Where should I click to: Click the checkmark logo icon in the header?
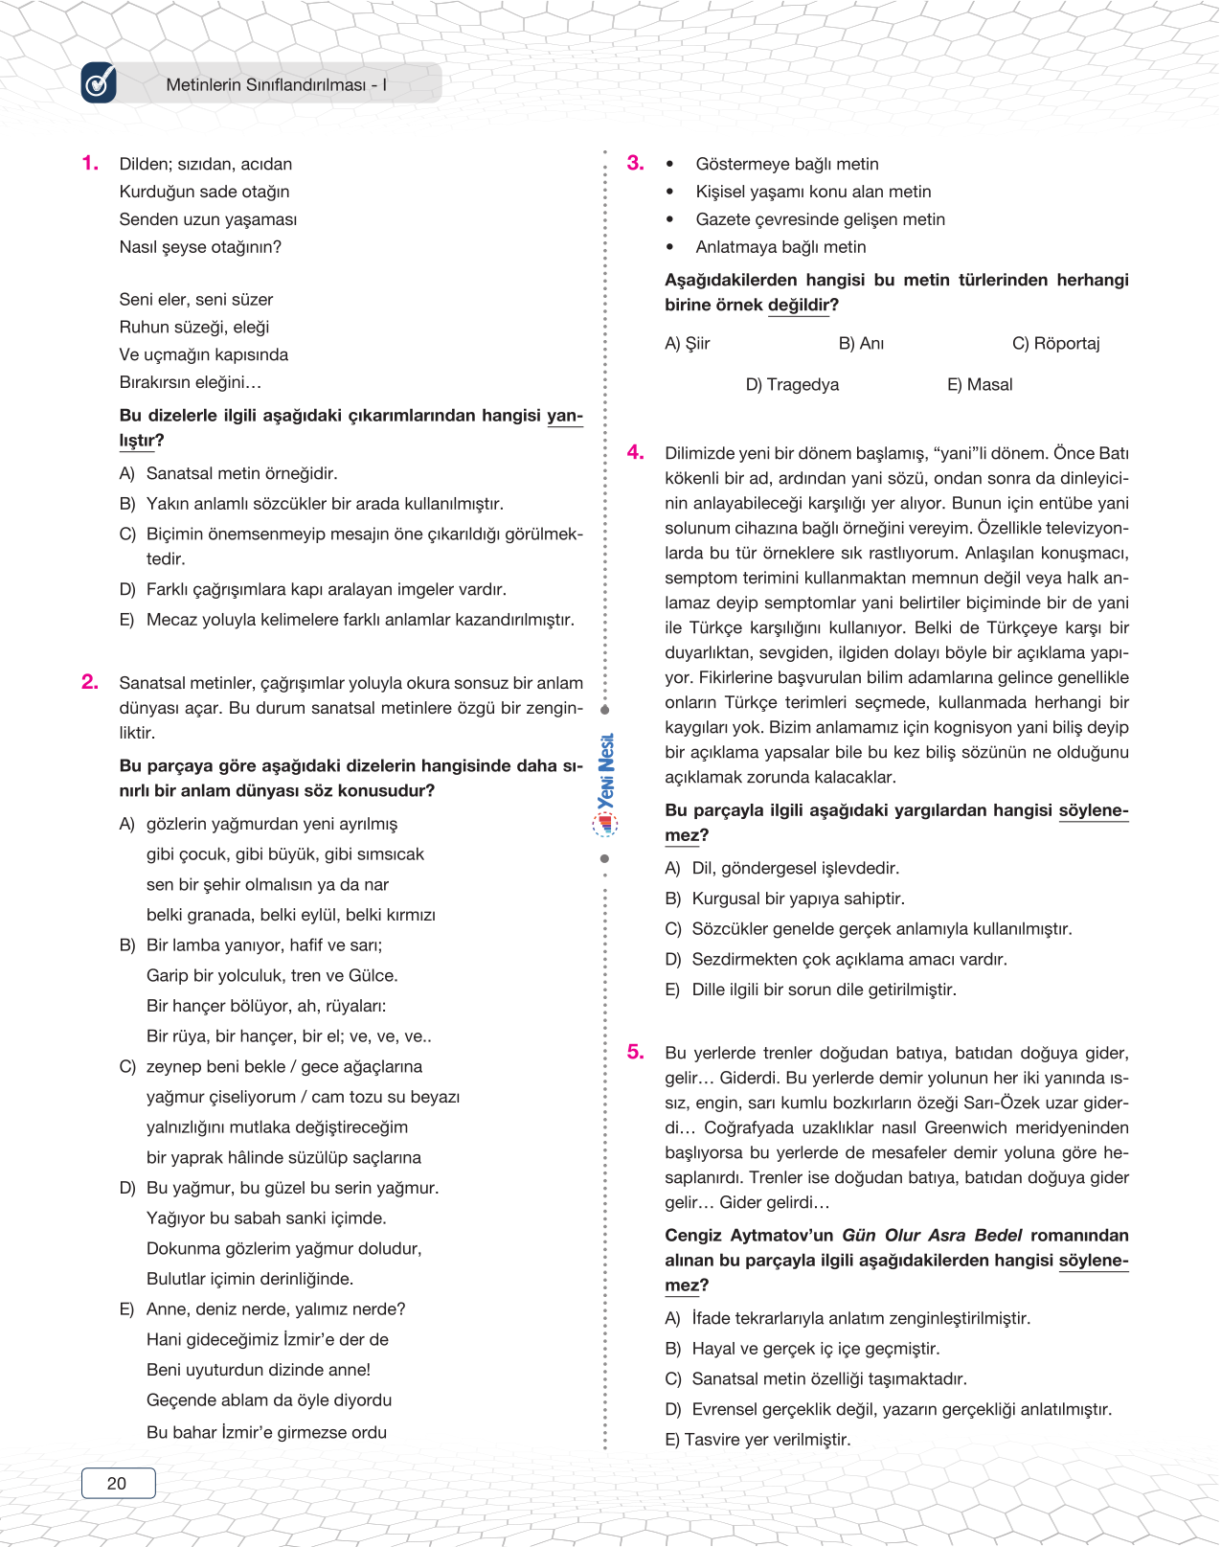click(99, 83)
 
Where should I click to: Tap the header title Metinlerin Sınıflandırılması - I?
click(276, 84)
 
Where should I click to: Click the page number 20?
click(117, 1483)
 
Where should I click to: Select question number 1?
click(90, 164)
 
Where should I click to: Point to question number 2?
click(90, 682)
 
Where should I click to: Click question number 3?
click(635, 164)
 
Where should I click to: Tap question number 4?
click(635, 452)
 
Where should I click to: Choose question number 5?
click(635, 1052)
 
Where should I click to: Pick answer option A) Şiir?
click(688, 343)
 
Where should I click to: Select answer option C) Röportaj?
click(1055, 343)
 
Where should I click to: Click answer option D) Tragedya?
click(792, 384)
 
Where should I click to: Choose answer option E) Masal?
click(980, 384)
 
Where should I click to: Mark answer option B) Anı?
click(861, 343)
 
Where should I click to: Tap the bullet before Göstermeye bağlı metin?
click(670, 165)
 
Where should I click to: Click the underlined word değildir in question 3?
click(799, 305)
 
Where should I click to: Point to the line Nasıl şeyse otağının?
click(200, 246)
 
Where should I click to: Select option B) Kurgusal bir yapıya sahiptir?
click(784, 899)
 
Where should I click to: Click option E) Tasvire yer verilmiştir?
click(757, 1439)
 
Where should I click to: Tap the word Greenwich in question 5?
click(973, 1127)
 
